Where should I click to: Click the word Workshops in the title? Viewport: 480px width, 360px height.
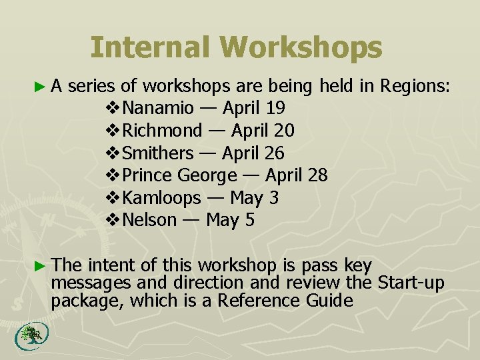point(306,48)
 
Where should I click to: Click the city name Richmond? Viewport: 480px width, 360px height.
point(163,130)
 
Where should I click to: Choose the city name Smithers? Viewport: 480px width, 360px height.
point(158,153)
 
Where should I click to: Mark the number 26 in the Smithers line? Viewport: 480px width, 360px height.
point(274,153)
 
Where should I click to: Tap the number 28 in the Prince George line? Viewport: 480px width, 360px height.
point(317,175)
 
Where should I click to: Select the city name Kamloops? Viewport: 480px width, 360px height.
point(162,198)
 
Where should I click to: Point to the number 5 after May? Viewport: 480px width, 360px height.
point(250,220)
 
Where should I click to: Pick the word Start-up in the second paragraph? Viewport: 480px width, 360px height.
point(411,283)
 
